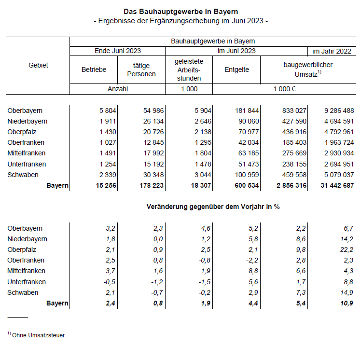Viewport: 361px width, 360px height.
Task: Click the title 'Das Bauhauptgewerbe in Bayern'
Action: [x=180, y=11]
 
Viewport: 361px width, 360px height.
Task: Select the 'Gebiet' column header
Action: [x=39, y=65]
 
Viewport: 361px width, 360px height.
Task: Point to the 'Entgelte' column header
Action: [x=236, y=69]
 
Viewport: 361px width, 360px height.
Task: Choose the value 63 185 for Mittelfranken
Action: [x=246, y=153]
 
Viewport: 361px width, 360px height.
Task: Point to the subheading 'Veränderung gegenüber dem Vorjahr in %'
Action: [x=213, y=207]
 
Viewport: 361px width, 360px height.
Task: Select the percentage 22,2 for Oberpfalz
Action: [x=347, y=249]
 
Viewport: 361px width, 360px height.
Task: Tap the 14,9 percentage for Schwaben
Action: [x=347, y=292]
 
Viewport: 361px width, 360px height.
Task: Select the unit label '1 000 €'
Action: [x=285, y=89]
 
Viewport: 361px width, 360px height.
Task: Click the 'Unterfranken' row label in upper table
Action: [x=27, y=164]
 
